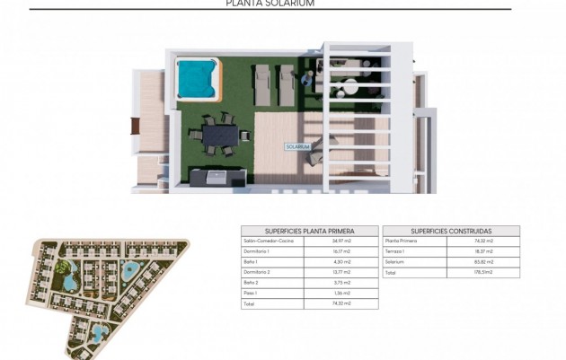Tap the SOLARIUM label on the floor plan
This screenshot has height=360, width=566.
pyautogui.click(x=297, y=146)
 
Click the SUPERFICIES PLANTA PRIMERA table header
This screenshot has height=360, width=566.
pyautogui.click(x=309, y=231)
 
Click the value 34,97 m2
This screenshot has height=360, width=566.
pyautogui.click(x=341, y=241)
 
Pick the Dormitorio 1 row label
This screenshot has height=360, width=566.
pyautogui.click(x=257, y=251)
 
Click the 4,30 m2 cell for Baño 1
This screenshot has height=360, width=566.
pyautogui.click(x=341, y=261)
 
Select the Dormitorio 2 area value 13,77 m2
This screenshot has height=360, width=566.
pyautogui.click(x=341, y=272)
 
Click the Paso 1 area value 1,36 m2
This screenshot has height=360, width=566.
pyautogui.click(x=341, y=293)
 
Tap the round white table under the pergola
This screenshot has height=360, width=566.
pyautogui.click(x=347, y=91)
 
